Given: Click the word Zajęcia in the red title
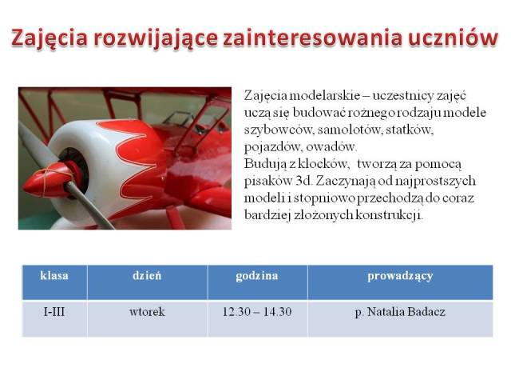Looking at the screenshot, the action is pyautogui.click(x=50, y=38).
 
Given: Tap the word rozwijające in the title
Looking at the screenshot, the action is pyautogui.click(x=156, y=38).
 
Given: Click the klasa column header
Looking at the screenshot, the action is pyautogui.click(x=54, y=275).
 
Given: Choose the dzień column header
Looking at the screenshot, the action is pyautogui.click(x=147, y=275).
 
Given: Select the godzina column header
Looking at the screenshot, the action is pyautogui.click(x=257, y=276).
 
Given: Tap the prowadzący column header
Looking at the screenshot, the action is pyautogui.click(x=400, y=277).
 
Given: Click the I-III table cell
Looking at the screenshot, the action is pyautogui.click(x=54, y=312).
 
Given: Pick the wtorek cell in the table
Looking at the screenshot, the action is pyautogui.click(x=147, y=312).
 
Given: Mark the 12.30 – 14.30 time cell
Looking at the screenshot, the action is pyautogui.click(x=257, y=312).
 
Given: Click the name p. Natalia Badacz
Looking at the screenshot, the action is pyautogui.click(x=400, y=313).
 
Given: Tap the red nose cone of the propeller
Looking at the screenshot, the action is pyautogui.click(x=46, y=181).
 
